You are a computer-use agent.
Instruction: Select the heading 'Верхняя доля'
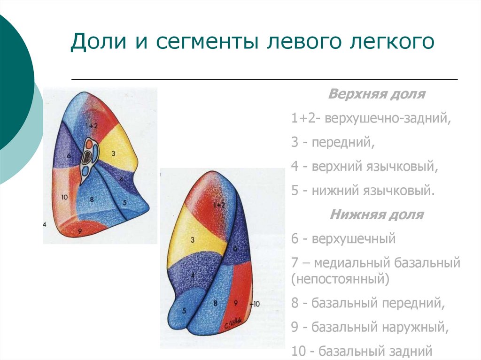click(377, 94)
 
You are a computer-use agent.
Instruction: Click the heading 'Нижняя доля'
click(377, 215)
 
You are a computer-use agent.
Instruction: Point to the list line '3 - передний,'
click(333, 143)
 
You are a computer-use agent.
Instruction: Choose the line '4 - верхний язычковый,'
click(365, 167)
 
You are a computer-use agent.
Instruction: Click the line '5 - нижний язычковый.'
click(361, 191)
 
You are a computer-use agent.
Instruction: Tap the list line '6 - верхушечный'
click(343, 239)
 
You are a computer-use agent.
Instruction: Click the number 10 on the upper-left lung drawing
click(65, 197)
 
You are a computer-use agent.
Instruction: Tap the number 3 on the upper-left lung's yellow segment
click(114, 153)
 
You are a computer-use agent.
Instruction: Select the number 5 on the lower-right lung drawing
click(184, 310)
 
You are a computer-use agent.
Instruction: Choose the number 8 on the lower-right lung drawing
click(215, 303)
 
